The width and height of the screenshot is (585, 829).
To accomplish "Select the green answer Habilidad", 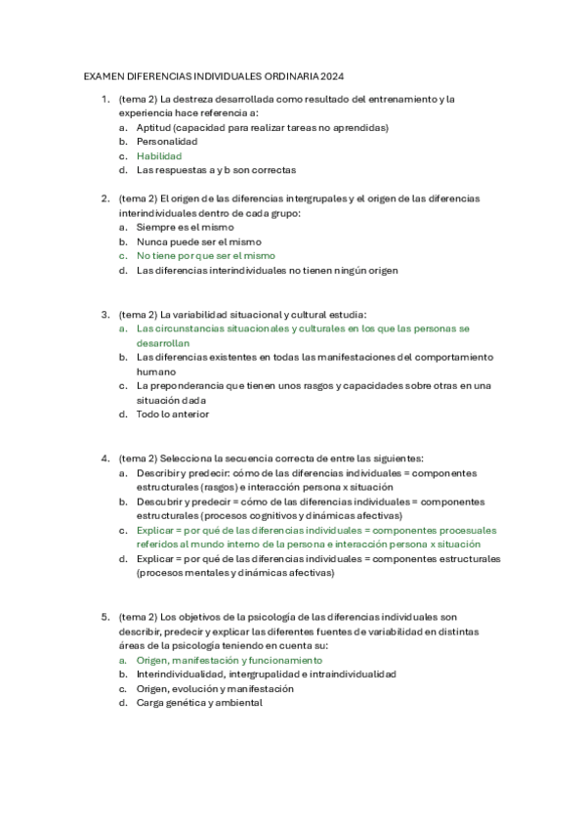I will [x=159, y=155].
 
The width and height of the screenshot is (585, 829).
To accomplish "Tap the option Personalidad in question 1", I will [x=167, y=142].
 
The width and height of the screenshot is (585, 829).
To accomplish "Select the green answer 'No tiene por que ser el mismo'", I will [x=206, y=255].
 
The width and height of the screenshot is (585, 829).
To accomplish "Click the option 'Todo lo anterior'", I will [x=172, y=414].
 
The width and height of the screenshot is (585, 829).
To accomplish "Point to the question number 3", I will [x=104, y=315].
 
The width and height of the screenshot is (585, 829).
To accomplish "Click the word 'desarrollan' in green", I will [x=162, y=343].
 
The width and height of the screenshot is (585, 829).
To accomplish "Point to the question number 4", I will [x=104, y=458].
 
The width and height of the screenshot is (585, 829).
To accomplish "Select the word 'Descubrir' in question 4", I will [x=159, y=502].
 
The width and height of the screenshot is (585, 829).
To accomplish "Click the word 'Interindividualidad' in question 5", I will [x=182, y=675].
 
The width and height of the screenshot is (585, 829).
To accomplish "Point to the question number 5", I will [x=104, y=617].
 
